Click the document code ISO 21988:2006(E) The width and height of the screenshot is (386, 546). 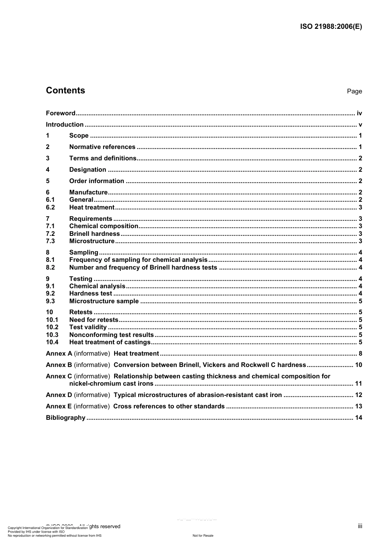[x=331, y=27]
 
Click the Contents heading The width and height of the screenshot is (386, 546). [x=65, y=91]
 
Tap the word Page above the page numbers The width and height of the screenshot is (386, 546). [x=354, y=91]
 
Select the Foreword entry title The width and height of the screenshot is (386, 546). [x=61, y=113]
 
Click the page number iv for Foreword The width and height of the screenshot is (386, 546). [x=359, y=113]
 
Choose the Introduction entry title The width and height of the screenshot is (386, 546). [x=65, y=125]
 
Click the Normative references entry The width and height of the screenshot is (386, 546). [x=102, y=147]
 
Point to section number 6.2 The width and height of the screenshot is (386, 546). [x=50, y=207]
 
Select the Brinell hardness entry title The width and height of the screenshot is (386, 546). [x=94, y=234]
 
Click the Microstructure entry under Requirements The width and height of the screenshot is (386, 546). [x=92, y=241]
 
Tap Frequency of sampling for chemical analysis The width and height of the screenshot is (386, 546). [x=138, y=260]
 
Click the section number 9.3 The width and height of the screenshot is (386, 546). [x=50, y=301]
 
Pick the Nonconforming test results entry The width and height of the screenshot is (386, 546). [x=111, y=335]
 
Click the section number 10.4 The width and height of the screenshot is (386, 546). [x=52, y=342]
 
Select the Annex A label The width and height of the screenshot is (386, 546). [x=59, y=354]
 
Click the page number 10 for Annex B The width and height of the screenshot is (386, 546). [x=358, y=365]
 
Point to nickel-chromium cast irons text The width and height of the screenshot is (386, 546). [x=111, y=384]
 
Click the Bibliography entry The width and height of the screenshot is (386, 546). [x=65, y=418]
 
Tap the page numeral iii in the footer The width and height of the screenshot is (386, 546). [x=360, y=526]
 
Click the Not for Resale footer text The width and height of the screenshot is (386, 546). [x=203, y=535]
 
